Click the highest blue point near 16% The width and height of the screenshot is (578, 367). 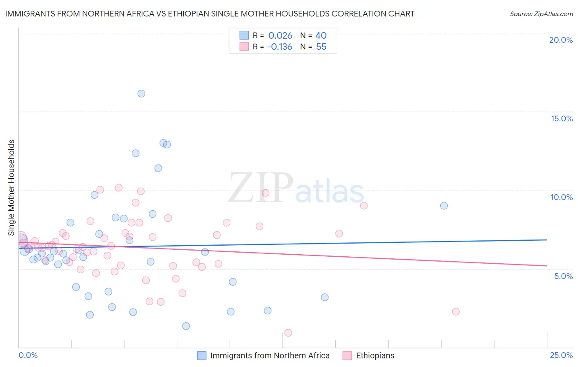point(141,93)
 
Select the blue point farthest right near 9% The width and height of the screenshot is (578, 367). point(444,206)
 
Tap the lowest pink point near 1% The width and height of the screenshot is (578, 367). point(288,332)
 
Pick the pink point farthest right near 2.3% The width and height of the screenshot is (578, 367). point(455,311)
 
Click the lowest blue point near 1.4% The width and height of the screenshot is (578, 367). point(186,326)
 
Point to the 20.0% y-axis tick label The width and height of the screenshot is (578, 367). point(561,40)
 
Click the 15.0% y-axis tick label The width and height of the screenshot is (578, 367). point(562,118)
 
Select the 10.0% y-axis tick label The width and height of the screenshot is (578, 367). point(562,197)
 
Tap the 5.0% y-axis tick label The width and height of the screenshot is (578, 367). point(563,276)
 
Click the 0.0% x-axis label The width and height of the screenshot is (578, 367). point(28,355)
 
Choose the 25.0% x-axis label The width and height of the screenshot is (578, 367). point(561,355)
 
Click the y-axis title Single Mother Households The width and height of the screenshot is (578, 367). point(12,188)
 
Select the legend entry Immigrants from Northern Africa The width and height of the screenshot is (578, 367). point(270,355)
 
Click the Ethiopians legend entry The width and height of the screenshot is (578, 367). point(375,355)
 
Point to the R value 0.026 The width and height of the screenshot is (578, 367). point(280,36)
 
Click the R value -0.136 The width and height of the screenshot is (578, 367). point(280,47)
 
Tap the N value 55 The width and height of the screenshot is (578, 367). point(321,47)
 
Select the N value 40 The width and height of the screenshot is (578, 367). point(321,36)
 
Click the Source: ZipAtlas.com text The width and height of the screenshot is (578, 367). point(541,14)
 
